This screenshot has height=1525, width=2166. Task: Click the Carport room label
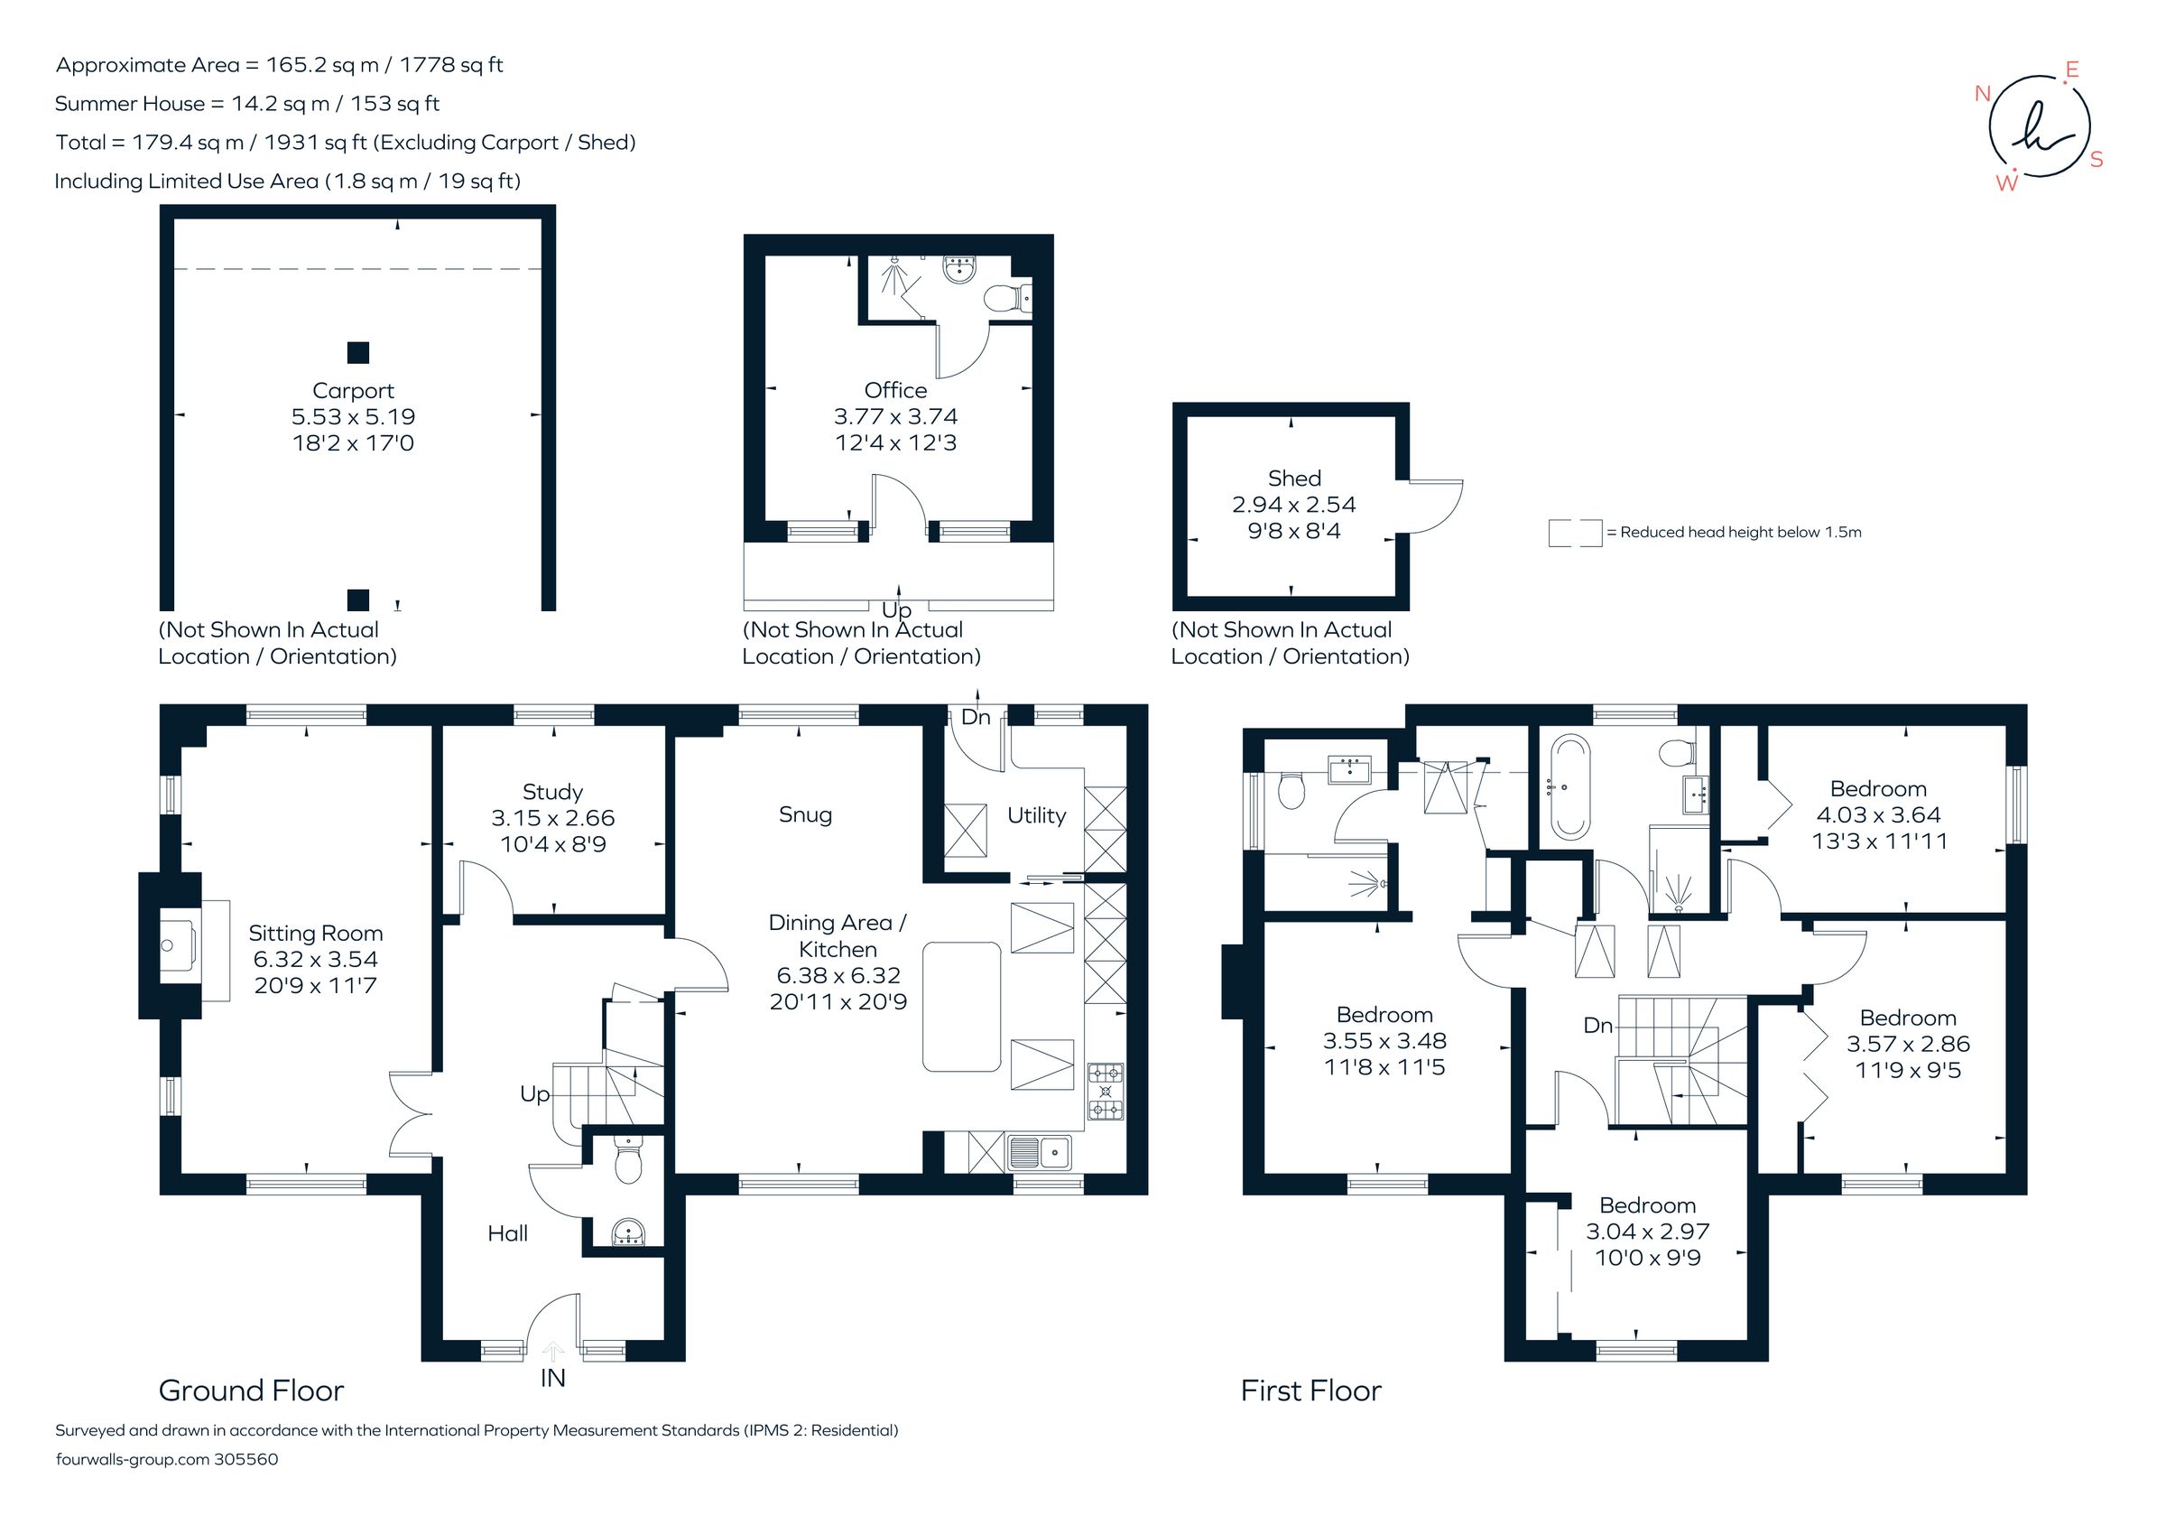click(353, 391)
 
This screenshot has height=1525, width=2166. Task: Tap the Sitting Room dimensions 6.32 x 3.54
click(315, 959)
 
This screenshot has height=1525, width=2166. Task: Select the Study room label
click(553, 792)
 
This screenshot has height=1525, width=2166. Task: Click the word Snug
click(805, 814)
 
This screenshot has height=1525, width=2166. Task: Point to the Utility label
click(1036, 815)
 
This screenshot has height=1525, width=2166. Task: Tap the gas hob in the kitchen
click(1106, 1092)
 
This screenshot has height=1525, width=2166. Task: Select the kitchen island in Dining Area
click(961, 1006)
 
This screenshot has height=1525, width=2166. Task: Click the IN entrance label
click(553, 1378)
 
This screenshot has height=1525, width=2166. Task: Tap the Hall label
click(507, 1233)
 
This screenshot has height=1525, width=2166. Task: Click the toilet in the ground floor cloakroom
click(627, 1162)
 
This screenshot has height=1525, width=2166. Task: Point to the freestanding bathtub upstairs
click(1569, 788)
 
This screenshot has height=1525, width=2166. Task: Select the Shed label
click(1293, 479)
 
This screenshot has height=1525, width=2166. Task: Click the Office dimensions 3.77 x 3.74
click(895, 416)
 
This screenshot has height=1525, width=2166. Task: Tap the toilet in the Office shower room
click(1003, 299)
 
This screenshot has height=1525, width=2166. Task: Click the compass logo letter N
click(1982, 93)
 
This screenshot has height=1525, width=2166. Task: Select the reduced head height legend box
click(1575, 534)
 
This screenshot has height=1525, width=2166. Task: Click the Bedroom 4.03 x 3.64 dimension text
click(1878, 814)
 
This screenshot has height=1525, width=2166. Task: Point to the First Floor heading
click(1310, 1390)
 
